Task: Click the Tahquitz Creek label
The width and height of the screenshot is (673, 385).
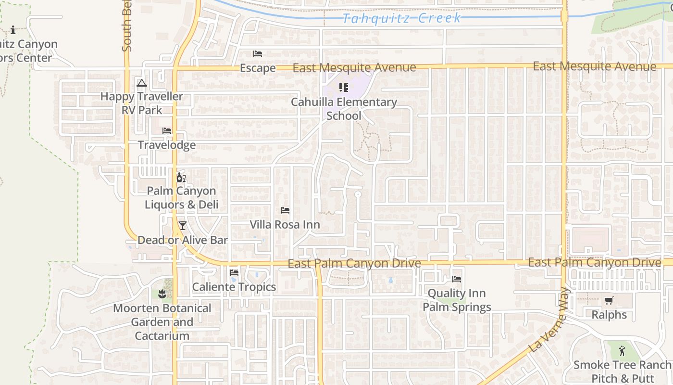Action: [x=402, y=18]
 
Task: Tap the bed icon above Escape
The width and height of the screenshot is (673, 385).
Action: [x=258, y=54]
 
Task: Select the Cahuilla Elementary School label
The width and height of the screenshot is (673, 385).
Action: [x=344, y=109]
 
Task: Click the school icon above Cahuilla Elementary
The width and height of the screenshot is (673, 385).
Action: [x=343, y=88]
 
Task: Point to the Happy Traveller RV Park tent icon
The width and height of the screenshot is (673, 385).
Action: [x=141, y=83]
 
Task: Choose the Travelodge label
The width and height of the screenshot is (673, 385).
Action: [x=167, y=145]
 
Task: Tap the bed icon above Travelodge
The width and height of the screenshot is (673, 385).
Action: [x=167, y=130]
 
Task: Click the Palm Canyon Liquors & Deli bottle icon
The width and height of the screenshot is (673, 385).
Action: [x=181, y=178]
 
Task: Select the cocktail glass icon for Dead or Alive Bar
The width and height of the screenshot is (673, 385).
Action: [x=182, y=225]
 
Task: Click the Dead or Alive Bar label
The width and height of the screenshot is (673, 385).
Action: [x=183, y=240]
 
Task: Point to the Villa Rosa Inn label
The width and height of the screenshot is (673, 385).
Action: [x=285, y=224]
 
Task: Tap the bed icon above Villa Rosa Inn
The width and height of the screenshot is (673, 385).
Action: [x=285, y=210]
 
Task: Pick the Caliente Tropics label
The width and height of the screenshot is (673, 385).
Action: [x=234, y=287]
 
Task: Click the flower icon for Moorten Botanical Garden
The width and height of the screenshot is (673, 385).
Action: [x=162, y=294]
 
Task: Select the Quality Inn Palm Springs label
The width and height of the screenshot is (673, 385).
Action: [x=457, y=300]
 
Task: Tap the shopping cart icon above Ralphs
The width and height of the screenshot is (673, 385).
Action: [x=609, y=301]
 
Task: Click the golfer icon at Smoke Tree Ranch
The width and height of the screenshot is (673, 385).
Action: [x=623, y=350]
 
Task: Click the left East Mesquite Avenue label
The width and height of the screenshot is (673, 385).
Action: [x=354, y=68]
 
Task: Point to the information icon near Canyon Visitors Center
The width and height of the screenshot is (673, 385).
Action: [x=13, y=30]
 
